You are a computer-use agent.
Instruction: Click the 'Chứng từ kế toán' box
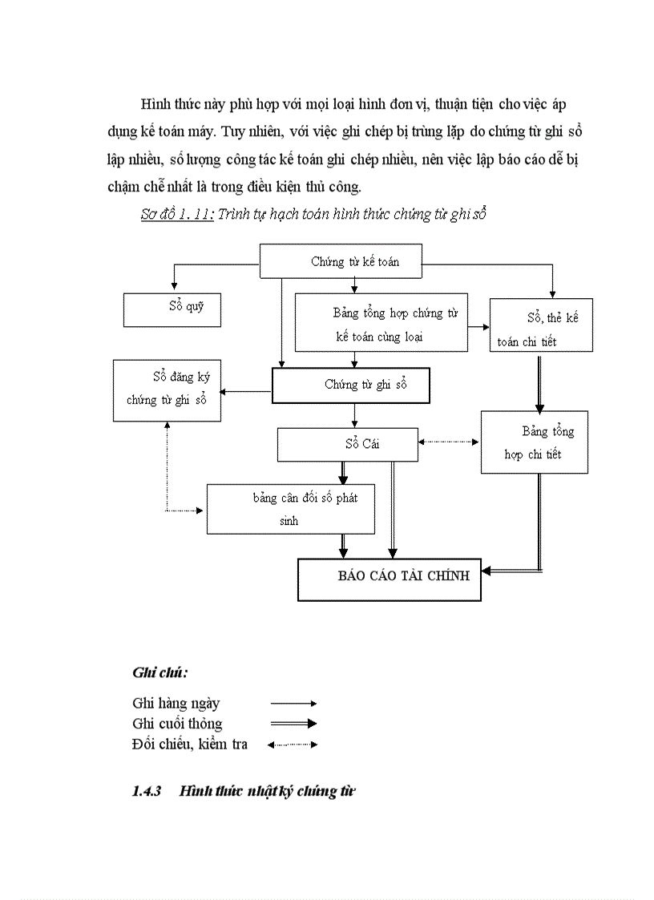pyautogui.click(x=341, y=262)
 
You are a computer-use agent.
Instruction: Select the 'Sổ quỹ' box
pyautogui.click(x=173, y=309)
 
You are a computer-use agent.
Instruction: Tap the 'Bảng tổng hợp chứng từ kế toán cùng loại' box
pyautogui.click(x=381, y=322)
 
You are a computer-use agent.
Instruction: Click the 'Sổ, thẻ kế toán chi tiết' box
pyautogui.click(x=541, y=325)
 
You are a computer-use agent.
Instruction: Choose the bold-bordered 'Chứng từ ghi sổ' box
pyautogui.click(x=351, y=385)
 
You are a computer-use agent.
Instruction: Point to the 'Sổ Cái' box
pyautogui.click(x=347, y=445)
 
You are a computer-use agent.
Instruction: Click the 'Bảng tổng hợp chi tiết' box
pyautogui.click(x=534, y=442)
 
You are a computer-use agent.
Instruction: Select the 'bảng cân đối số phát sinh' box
pyautogui.click(x=290, y=508)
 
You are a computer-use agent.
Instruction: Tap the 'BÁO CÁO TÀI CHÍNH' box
pyautogui.click(x=390, y=579)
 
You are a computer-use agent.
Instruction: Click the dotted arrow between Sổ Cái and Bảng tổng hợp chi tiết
pyautogui.click(x=449, y=442)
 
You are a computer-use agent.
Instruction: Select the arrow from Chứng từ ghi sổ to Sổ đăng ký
pyautogui.click(x=246, y=391)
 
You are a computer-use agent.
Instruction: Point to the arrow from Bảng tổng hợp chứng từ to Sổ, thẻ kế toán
pyautogui.click(x=478, y=327)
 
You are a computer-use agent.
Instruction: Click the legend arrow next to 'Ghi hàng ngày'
pyautogui.click(x=293, y=703)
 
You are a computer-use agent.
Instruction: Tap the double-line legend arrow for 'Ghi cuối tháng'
pyautogui.click(x=293, y=723)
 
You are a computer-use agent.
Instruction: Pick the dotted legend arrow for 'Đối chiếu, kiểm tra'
pyautogui.click(x=293, y=745)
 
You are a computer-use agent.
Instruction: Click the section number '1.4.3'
pyautogui.click(x=147, y=792)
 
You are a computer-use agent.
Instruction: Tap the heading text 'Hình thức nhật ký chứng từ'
pyautogui.click(x=268, y=792)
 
